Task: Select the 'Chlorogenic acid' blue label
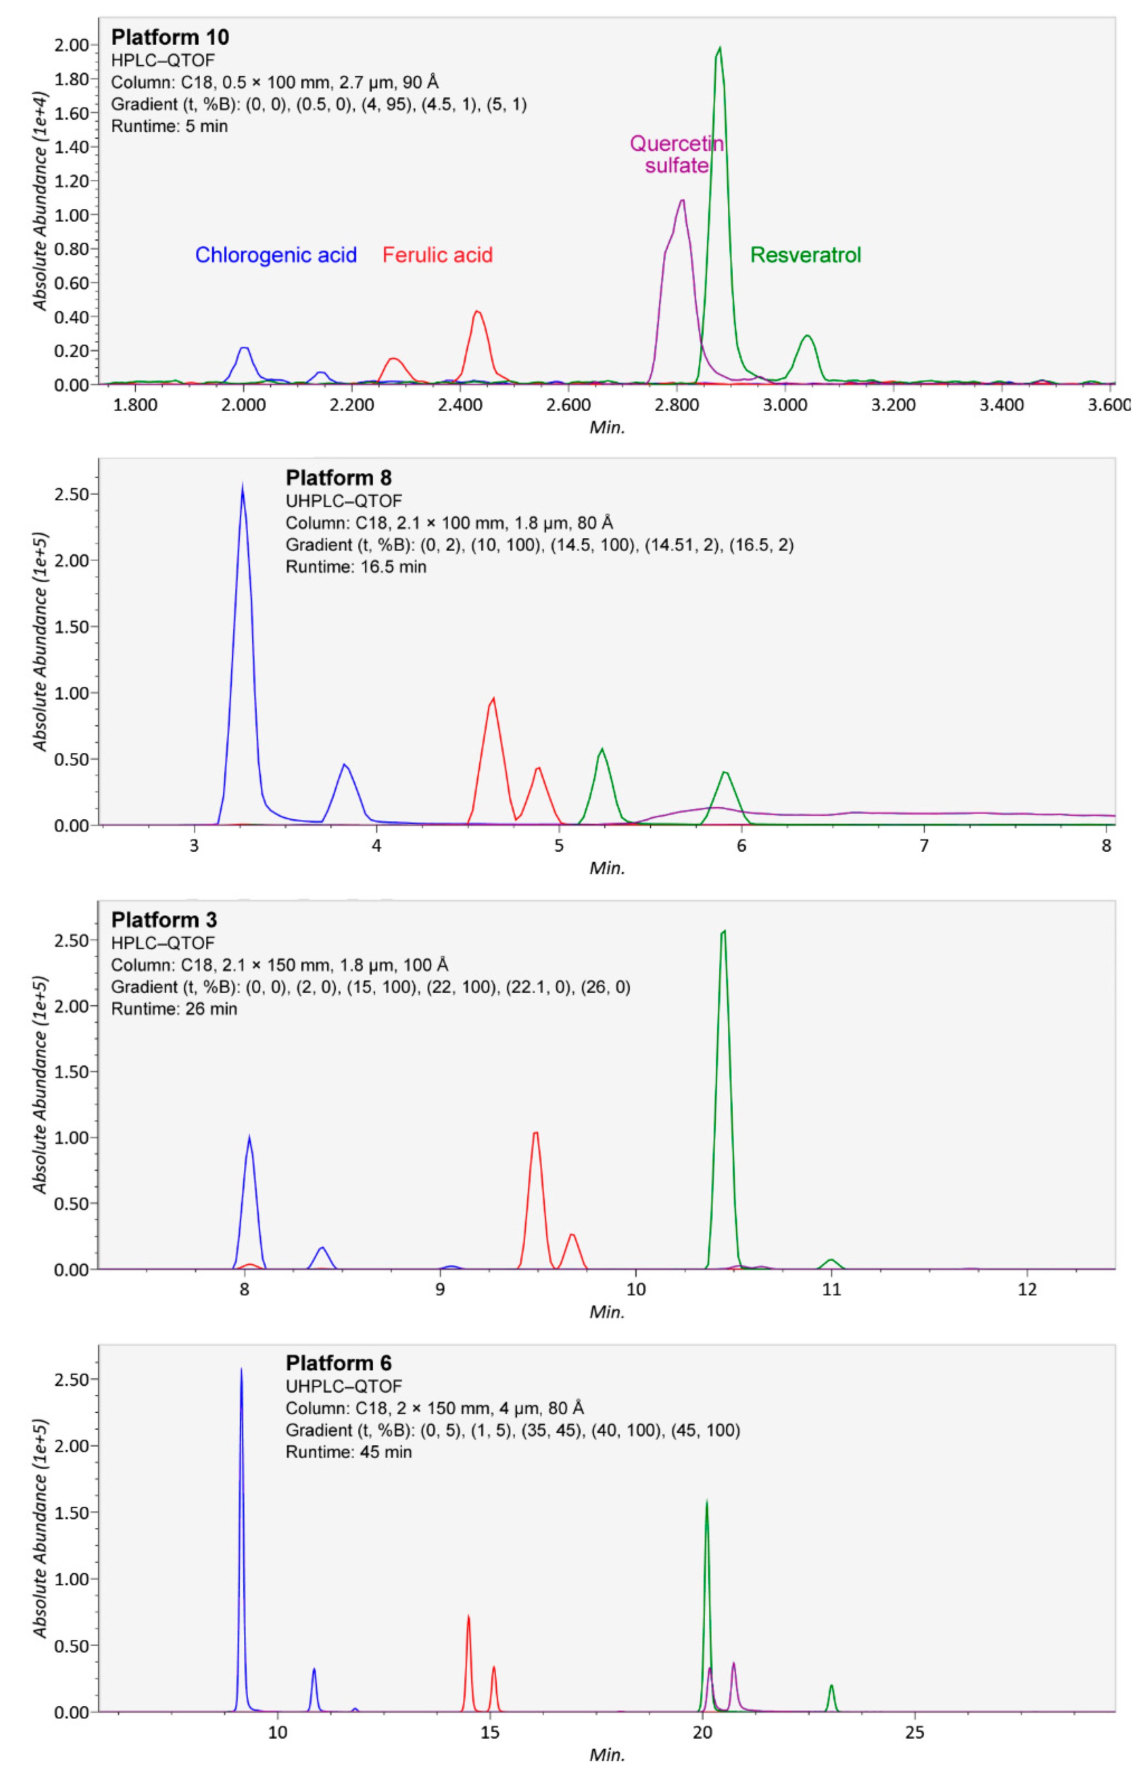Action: [x=276, y=255]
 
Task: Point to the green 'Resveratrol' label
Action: [x=805, y=255]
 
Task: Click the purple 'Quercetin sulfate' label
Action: [x=677, y=154]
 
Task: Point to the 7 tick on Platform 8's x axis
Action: [x=923, y=846]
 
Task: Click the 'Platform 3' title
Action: [x=164, y=920]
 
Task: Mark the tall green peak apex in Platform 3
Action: [x=723, y=931]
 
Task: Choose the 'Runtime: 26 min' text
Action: [x=174, y=1009]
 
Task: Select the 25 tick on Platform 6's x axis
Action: [x=915, y=1733]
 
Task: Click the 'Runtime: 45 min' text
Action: [x=348, y=1452]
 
